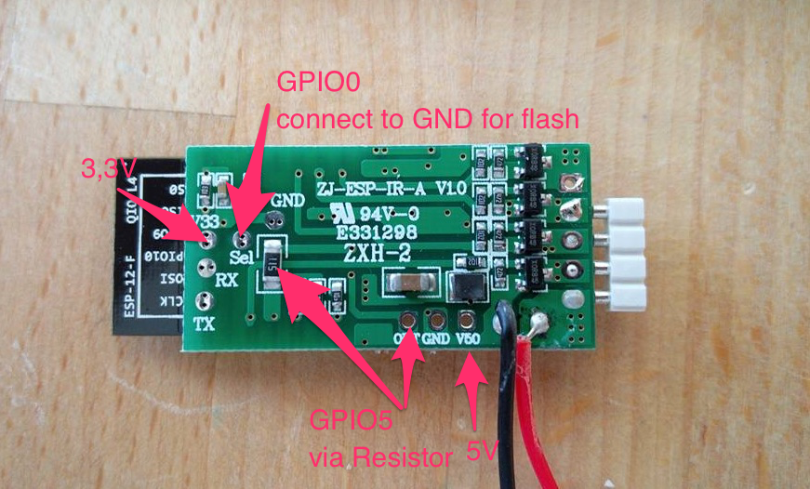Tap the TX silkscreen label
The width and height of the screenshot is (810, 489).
pos(206,324)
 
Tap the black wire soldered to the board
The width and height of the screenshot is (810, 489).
pos(506,390)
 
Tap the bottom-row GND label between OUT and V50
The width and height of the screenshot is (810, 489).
pos(435,340)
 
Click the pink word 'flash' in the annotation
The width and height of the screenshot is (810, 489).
pos(551,119)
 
